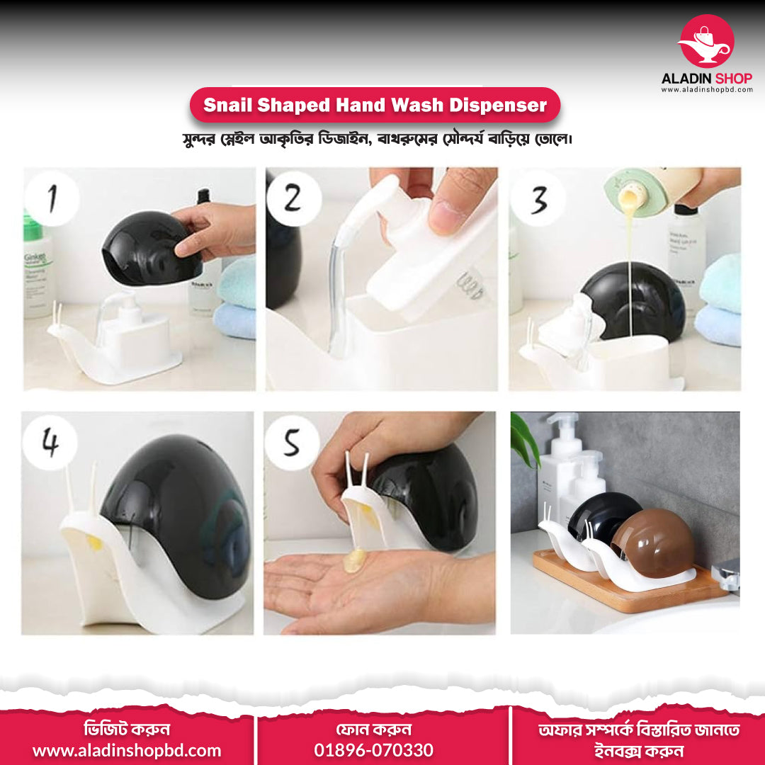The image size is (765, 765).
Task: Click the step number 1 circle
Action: (x=52, y=198)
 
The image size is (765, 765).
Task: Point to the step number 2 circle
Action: (x=294, y=198)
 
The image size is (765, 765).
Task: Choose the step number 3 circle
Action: (x=538, y=198)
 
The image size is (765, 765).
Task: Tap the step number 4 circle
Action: (x=50, y=443)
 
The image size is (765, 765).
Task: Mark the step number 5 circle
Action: (x=292, y=443)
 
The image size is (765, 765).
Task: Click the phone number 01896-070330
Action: (x=374, y=750)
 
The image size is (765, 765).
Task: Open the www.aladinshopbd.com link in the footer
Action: (x=127, y=750)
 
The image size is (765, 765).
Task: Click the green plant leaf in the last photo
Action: (x=523, y=440)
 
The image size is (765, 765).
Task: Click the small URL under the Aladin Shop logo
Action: (x=707, y=90)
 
